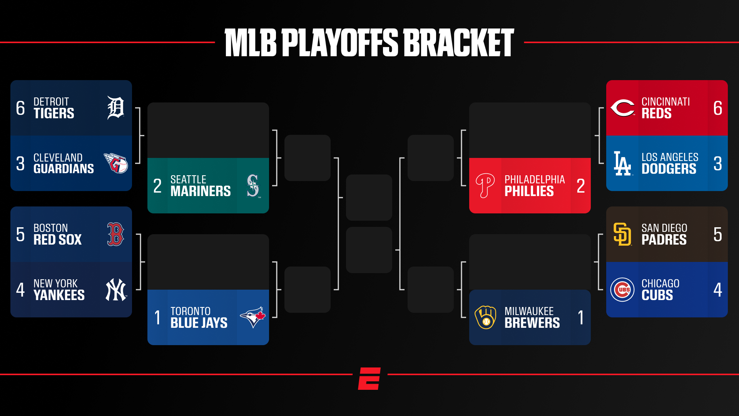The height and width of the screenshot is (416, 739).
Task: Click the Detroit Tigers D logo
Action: coord(115,108)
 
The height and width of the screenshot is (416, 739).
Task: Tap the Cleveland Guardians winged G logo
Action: coord(116,163)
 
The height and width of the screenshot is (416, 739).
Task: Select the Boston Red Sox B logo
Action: coord(115,234)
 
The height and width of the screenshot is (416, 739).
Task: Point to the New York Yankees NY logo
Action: coord(116,290)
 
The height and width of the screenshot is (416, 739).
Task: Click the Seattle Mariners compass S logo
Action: coord(253,186)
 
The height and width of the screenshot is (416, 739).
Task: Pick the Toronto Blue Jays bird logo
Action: coord(253,317)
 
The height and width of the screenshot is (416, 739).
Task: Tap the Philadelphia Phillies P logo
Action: coord(485,186)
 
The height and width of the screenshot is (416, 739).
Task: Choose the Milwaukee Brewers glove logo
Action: coord(485,317)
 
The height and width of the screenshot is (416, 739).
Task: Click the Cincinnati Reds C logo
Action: coord(622,108)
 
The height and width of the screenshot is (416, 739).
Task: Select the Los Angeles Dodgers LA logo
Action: coord(622,163)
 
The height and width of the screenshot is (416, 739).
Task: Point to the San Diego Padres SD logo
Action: coord(622,234)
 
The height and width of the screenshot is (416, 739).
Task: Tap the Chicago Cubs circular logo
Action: coord(622,290)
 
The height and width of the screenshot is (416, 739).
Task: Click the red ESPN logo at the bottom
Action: coord(369,379)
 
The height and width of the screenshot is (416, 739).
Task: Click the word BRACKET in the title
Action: coord(458,42)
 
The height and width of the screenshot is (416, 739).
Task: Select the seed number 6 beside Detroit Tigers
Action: coord(20,108)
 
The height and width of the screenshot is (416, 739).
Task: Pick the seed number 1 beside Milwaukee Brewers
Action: coord(581,317)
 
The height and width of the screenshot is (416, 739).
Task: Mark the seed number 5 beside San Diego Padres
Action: coord(718,234)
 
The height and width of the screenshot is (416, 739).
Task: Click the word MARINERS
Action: coord(201,191)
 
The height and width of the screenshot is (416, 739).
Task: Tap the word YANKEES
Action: coord(59,295)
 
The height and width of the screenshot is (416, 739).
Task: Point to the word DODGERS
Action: coord(669,169)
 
